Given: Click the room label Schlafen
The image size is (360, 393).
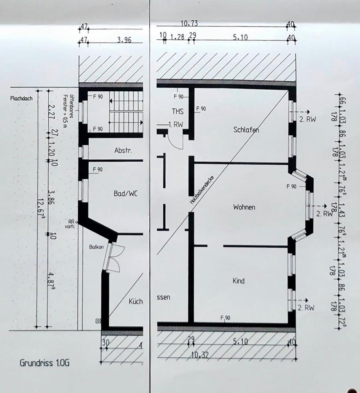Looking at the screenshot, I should pos(246,129).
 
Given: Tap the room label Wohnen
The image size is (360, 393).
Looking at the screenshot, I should pos(244,207).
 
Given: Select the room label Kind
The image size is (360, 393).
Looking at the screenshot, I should pos(239,281).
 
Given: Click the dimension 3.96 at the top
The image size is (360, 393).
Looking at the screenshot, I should pos(124,40).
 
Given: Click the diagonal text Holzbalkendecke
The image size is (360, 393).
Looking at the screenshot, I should pos(202,187).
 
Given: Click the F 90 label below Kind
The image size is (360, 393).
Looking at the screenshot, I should pos(225,318).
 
